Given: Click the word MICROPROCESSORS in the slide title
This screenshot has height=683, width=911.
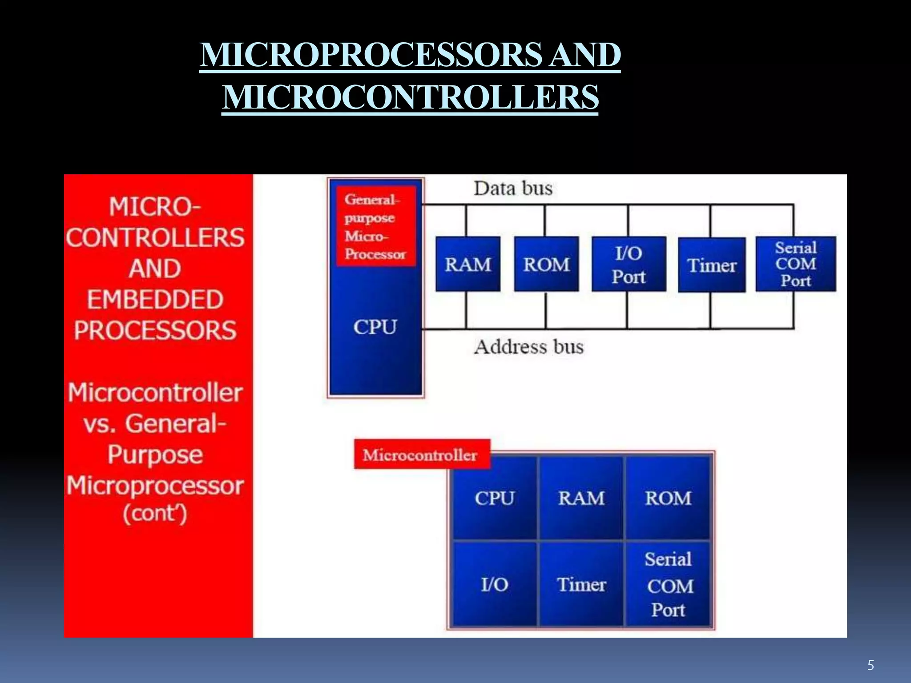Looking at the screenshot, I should pos(371,55).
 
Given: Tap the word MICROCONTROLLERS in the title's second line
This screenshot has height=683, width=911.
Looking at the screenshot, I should pos(410,97).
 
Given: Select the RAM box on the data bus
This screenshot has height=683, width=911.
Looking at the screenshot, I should pos(468,264).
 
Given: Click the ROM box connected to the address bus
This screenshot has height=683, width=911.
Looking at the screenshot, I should pos(546,264).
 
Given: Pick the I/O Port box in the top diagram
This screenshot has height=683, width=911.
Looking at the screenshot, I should pos(629,265).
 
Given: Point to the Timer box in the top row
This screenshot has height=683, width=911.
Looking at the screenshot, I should pos(712,265).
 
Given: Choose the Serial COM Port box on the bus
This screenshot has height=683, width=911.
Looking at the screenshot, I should pos(796,264).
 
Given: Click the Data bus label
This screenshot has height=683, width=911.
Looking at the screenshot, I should pos(513,189).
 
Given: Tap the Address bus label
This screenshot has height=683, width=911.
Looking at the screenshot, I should pos(528,347).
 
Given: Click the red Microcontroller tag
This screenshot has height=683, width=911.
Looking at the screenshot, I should pos(421,454).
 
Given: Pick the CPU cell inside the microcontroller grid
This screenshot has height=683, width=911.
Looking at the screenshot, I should pos(494,498).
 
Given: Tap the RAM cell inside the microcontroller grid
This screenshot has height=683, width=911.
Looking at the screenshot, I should pos(581,498).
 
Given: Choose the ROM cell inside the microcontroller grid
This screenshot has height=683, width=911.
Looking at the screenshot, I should pos(668,498).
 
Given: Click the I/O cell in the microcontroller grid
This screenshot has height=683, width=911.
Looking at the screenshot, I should pos(494,584).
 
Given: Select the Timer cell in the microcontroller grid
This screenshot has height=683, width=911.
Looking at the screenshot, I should pos(581,584).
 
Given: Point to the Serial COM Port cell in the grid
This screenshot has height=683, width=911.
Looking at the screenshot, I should pos(668,584).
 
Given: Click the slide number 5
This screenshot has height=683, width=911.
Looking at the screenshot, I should pos(871,666).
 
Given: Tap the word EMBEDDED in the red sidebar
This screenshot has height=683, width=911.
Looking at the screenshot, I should pos(155,299).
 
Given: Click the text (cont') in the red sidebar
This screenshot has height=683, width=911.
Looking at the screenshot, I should pos(155,514).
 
